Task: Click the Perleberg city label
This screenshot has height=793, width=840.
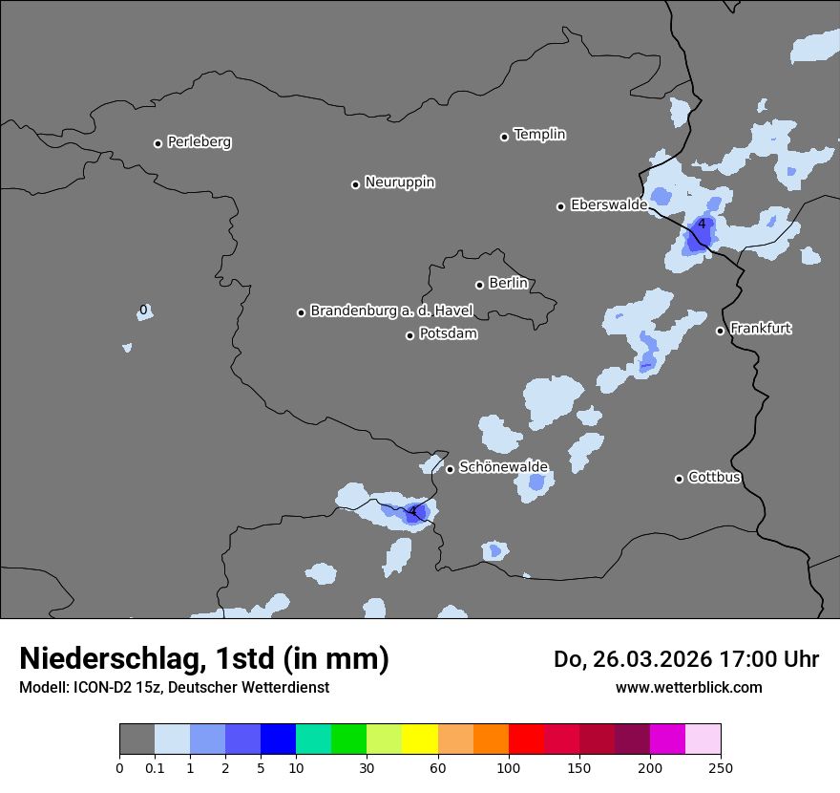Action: pyautogui.click(x=199, y=142)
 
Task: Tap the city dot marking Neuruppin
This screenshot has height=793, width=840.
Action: pyautogui.click(x=355, y=184)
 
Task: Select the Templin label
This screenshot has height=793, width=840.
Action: pyautogui.click(x=539, y=135)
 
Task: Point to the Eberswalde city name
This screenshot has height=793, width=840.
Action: pyautogui.click(x=608, y=204)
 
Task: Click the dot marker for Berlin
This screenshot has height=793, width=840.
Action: pyautogui.click(x=479, y=285)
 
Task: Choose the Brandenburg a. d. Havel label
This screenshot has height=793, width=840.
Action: pyautogui.click(x=391, y=311)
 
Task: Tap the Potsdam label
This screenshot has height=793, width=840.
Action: pyautogui.click(x=448, y=334)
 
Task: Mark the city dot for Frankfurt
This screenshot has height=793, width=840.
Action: pyautogui.click(x=720, y=331)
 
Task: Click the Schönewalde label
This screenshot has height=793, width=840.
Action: pyautogui.click(x=503, y=467)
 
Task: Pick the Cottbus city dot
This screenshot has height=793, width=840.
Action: pyautogui.click(x=679, y=479)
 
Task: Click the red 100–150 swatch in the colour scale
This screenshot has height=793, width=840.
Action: pyautogui.click(x=526, y=739)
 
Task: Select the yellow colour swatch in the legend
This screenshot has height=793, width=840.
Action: pyautogui.click(x=420, y=739)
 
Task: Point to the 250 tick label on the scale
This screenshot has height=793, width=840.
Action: pyautogui.click(x=721, y=767)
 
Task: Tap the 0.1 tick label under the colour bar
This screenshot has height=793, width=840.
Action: pyautogui.click(x=155, y=767)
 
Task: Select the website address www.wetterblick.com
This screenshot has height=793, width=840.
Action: pyautogui.click(x=688, y=687)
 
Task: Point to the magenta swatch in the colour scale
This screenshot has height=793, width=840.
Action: pyautogui.click(x=667, y=739)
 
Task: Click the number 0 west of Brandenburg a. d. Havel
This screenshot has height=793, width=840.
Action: pyautogui.click(x=143, y=310)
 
